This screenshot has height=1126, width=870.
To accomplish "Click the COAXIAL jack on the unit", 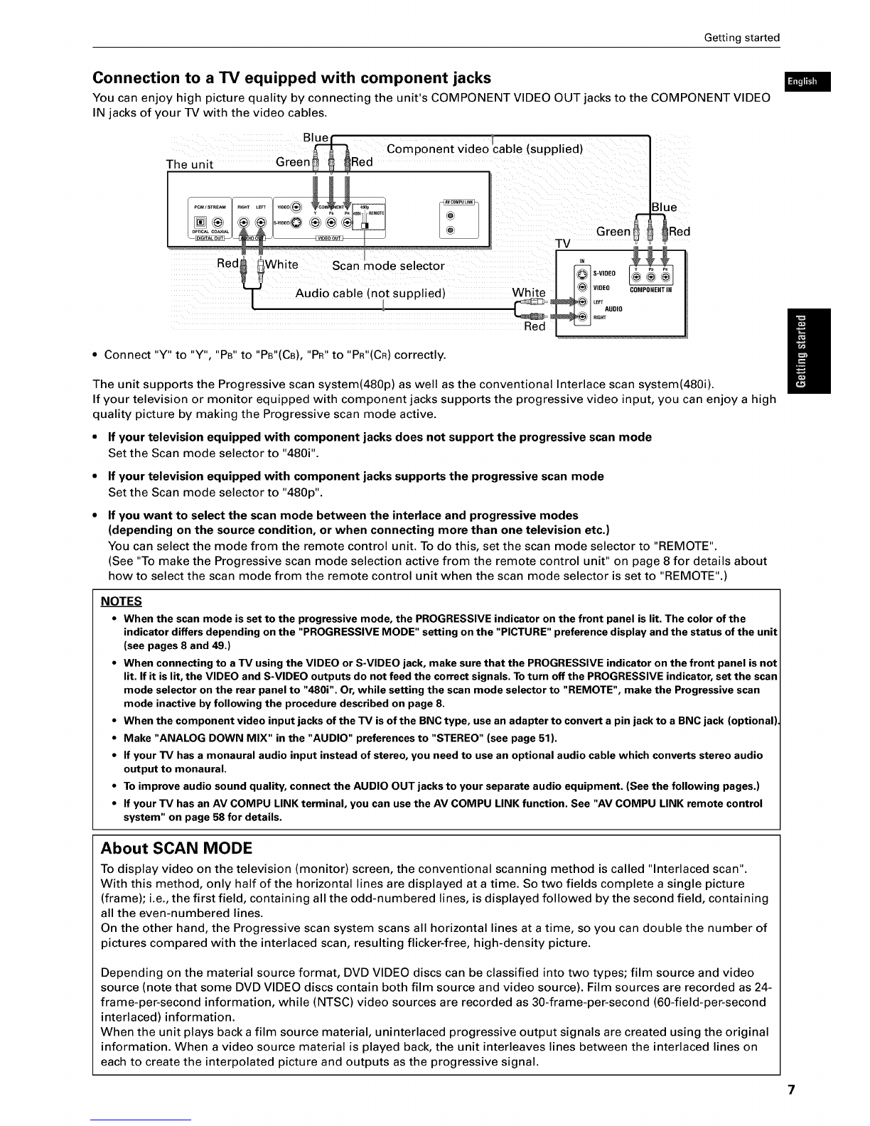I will [x=217, y=221].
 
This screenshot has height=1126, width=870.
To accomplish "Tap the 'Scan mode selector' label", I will [x=388, y=267].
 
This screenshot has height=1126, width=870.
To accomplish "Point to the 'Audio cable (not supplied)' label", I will [x=370, y=294].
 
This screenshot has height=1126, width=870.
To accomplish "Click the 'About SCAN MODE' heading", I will [x=176, y=848].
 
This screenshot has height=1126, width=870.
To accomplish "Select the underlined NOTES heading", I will [x=122, y=601].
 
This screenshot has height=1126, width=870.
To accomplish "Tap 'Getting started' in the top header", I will [x=741, y=38].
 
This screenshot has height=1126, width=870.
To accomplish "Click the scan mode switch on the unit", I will [x=365, y=225].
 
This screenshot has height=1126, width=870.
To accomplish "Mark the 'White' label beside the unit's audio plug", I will [x=281, y=265].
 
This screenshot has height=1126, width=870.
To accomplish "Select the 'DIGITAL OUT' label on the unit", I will [x=210, y=237].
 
